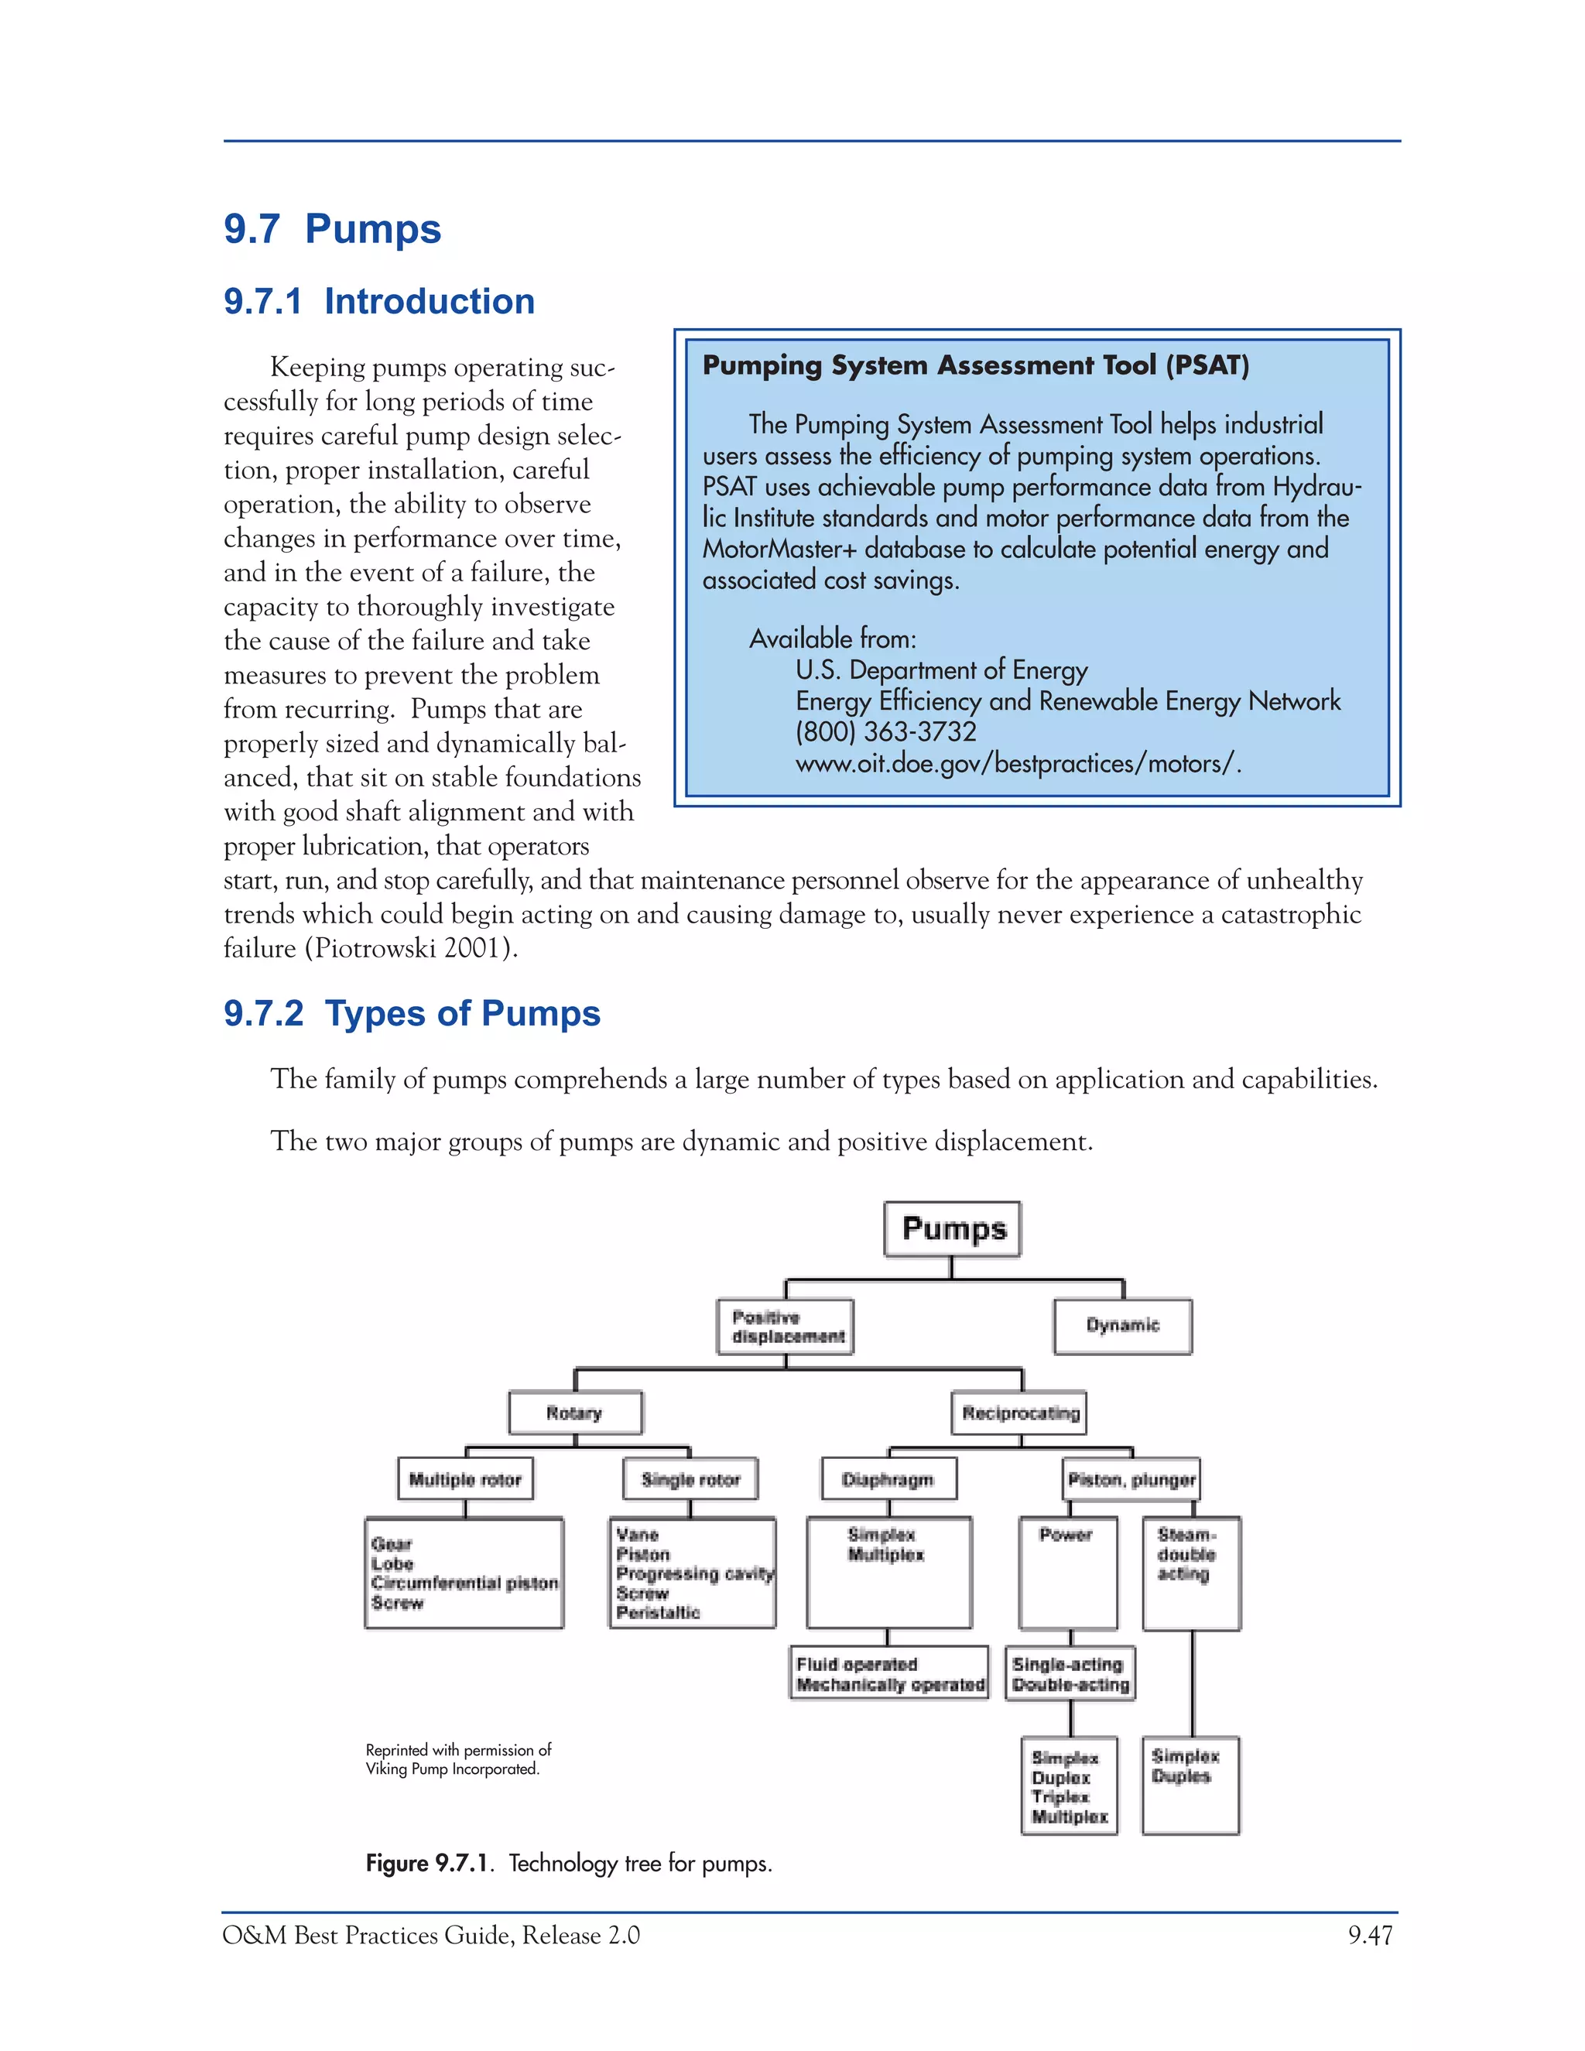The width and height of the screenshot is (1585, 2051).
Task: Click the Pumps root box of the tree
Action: tap(952, 1228)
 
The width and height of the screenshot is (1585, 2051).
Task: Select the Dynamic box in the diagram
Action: tap(1122, 1325)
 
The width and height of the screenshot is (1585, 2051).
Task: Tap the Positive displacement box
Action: tap(786, 1326)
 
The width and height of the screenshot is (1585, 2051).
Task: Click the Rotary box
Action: tap(575, 1412)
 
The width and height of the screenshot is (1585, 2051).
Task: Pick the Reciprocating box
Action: tap(1020, 1412)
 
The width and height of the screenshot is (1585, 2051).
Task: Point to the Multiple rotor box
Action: tap(465, 1479)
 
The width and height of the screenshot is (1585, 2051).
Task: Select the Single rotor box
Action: tap(690, 1479)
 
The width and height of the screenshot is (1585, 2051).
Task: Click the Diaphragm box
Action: tap(888, 1479)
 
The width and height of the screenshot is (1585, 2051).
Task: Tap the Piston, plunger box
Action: tap(1131, 1479)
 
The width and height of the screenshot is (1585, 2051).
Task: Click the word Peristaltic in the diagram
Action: tap(659, 1612)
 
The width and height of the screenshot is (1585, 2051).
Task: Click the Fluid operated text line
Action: tap(857, 1664)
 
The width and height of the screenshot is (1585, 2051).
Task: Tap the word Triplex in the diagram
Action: tap(1060, 1796)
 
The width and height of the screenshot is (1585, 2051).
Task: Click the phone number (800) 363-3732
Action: tap(885, 731)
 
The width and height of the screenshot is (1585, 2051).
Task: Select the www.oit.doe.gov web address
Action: tap(1018, 762)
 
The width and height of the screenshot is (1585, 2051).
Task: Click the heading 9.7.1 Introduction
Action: tap(379, 300)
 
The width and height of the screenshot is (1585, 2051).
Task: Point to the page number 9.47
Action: tap(1369, 1935)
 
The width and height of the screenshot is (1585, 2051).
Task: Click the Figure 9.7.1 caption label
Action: tap(427, 1862)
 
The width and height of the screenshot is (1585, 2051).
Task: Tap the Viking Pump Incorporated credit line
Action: tap(453, 1769)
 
